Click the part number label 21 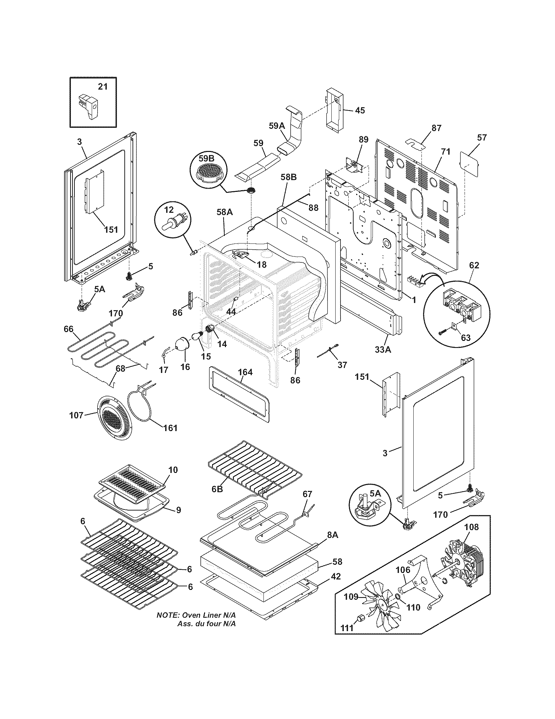coord(103,87)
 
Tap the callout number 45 coord(360,110)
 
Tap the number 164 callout coord(245,372)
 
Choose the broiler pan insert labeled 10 coord(132,485)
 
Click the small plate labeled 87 coord(415,143)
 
